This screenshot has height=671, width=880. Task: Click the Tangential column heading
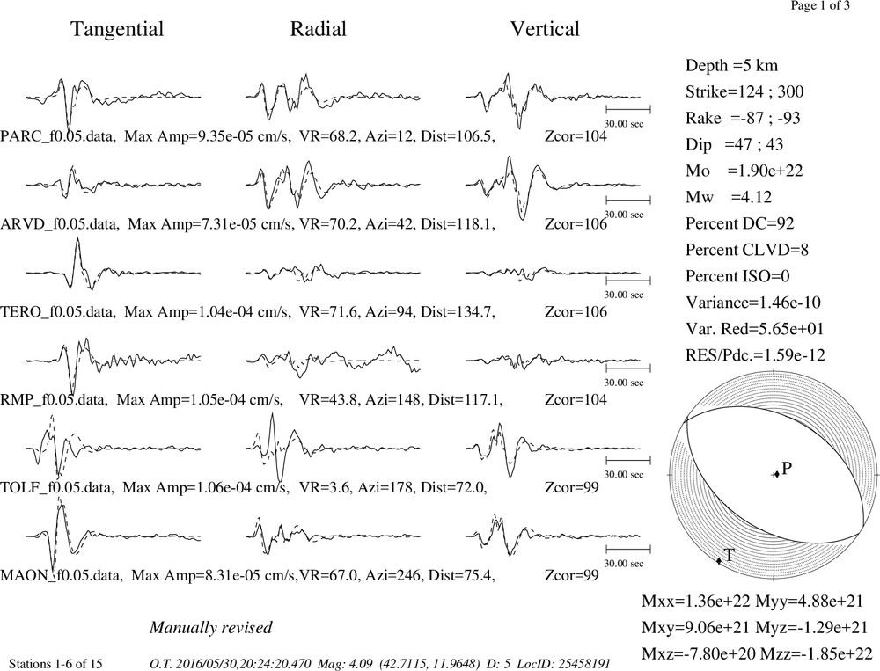click(117, 30)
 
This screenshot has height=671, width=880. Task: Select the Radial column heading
click(318, 29)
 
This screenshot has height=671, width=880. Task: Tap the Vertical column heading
click(545, 29)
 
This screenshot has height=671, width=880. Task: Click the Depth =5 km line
click(731, 66)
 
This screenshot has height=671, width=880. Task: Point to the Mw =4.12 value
click(729, 198)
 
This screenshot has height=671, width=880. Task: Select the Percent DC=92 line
click(740, 224)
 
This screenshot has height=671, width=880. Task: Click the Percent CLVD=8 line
click(747, 251)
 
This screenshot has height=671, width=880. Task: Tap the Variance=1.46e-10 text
click(753, 303)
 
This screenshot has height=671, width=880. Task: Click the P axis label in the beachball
click(787, 468)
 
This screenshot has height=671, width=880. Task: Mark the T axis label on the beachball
click(729, 556)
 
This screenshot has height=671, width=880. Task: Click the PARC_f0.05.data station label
click(58, 136)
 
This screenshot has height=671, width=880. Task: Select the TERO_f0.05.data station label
click(58, 312)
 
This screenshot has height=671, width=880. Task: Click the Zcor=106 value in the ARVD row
click(576, 224)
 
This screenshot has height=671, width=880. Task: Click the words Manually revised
click(211, 627)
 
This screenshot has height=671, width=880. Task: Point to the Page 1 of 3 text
click(820, 5)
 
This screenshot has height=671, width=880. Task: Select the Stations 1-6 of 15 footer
click(55, 664)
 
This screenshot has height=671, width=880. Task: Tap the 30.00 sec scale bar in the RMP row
click(628, 368)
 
